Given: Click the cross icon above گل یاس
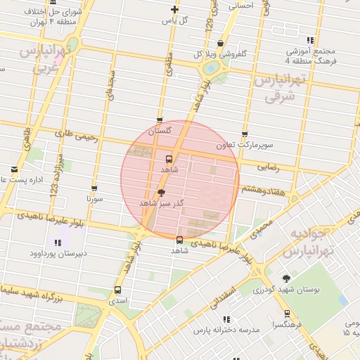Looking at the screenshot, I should click(174, 9).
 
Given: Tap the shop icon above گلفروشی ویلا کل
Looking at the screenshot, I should click(220, 43).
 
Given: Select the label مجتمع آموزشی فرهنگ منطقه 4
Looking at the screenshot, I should click(310, 57).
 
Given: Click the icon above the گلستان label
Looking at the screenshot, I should click(160, 120).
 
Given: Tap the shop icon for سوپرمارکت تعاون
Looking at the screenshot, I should click(244, 134).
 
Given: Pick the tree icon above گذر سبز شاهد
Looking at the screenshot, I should click(162, 192).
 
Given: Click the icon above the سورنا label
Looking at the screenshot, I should click(94, 188).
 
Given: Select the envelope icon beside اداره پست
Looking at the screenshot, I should click(15, 169).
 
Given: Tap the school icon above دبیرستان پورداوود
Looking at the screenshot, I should click(56, 243).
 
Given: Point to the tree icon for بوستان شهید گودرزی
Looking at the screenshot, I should click(285, 278).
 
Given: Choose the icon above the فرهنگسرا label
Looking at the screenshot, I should click(286, 314).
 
